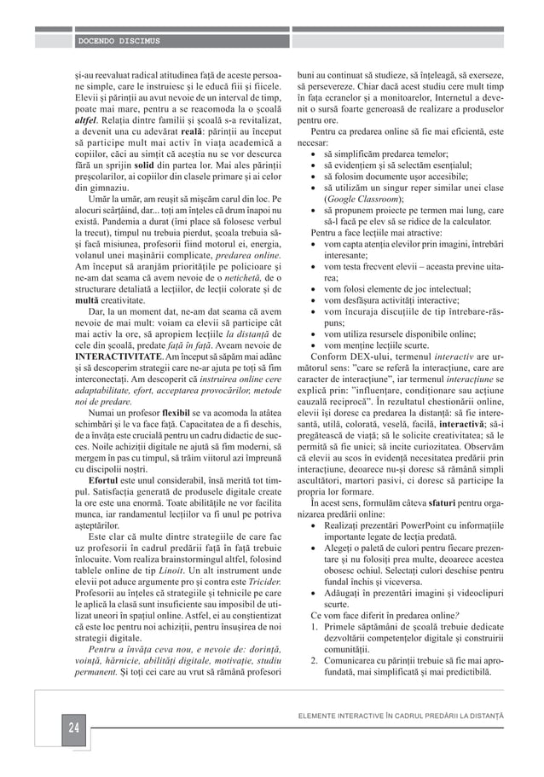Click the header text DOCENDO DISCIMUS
pos(119,40)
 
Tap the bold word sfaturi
pos(445,529)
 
